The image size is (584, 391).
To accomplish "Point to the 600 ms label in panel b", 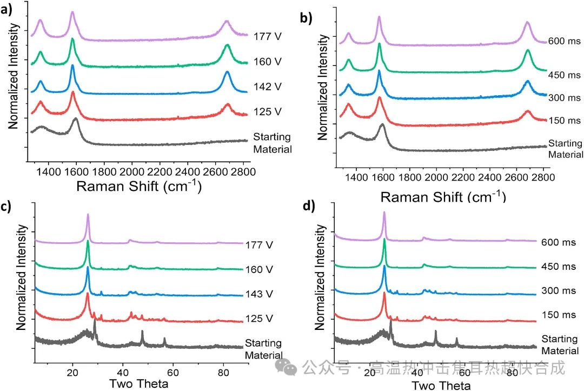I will point(565,41).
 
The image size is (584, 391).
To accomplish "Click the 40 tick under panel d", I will point(416,375).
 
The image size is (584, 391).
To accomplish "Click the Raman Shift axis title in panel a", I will point(139,187).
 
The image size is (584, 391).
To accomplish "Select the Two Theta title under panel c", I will point(138,385).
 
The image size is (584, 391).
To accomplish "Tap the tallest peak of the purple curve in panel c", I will point(88,215).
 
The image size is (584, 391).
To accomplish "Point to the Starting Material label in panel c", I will point(263,349).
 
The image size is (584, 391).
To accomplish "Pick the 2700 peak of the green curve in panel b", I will point(528,51).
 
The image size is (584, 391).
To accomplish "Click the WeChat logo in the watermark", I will point(287,368).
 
